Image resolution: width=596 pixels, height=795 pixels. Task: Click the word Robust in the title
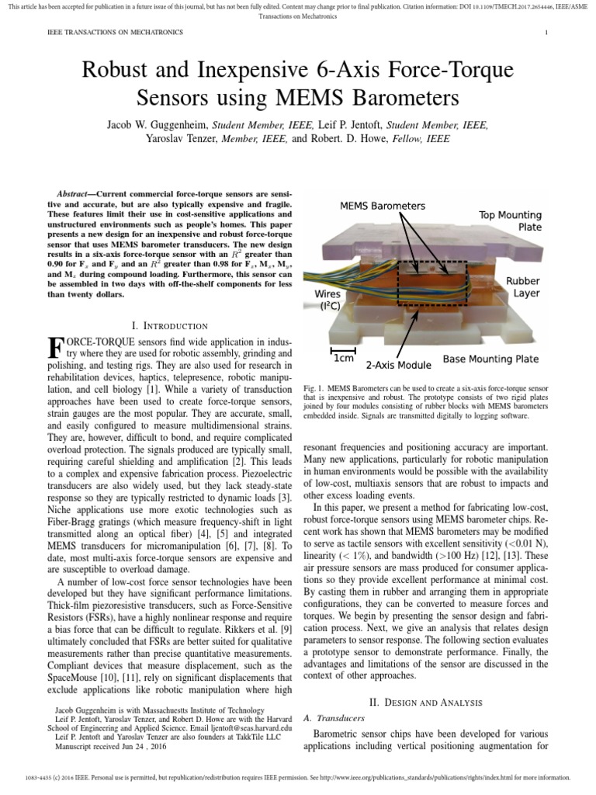[123, 71]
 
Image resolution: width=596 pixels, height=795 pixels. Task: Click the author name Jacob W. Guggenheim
[158, 124]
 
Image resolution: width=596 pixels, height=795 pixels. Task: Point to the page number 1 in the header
[547, 33]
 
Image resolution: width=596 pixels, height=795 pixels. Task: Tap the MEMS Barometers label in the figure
[383, 206]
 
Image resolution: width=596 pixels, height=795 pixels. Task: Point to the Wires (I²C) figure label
[331, 300]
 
